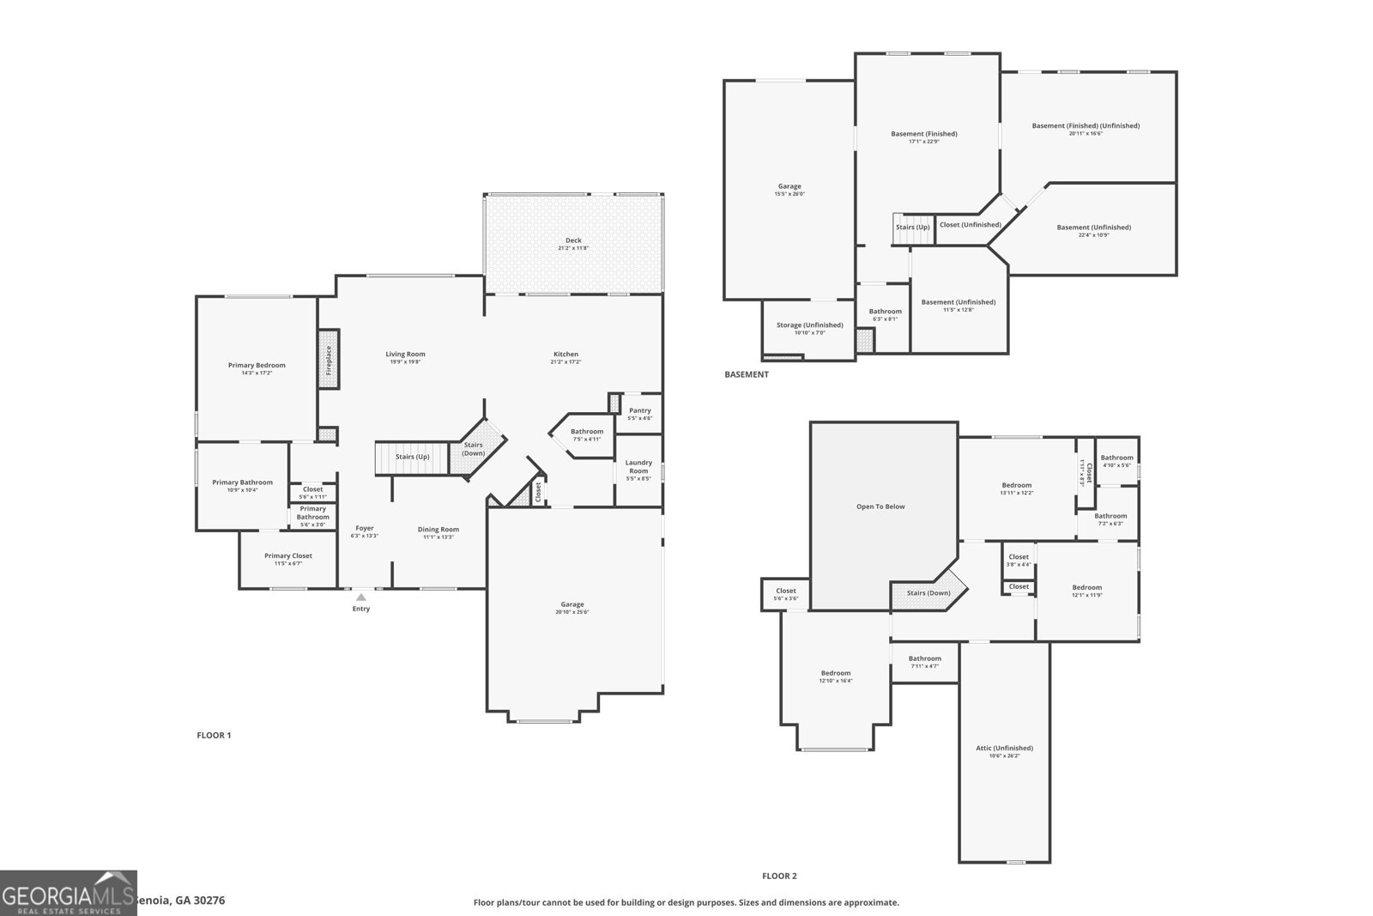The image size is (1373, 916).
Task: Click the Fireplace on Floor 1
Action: [328, 360]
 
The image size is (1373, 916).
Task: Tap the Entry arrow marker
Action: [361, 597]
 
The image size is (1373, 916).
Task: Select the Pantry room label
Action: [639, 410]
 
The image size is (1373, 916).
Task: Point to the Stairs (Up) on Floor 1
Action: [412, 457]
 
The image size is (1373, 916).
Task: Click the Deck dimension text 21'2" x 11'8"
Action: [573, 248]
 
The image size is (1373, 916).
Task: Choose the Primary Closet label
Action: [288, 555]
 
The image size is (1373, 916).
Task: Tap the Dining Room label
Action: [438, 530]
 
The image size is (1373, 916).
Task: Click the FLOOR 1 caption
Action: [214, 735]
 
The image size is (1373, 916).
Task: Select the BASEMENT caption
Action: [747, 374]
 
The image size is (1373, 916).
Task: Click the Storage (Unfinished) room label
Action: [809, 325]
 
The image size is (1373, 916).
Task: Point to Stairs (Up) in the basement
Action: [912, 227]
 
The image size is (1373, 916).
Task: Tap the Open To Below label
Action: [880, 507]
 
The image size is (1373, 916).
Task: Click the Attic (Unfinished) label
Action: [1004, 748]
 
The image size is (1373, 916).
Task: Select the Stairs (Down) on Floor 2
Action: [928, 593]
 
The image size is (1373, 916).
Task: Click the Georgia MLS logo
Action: [68, 893]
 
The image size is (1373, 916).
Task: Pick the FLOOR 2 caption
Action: [779, 876]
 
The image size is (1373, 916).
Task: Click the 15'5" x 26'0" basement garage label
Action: [789, 194]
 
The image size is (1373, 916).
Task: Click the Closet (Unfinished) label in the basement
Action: [970, 225]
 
